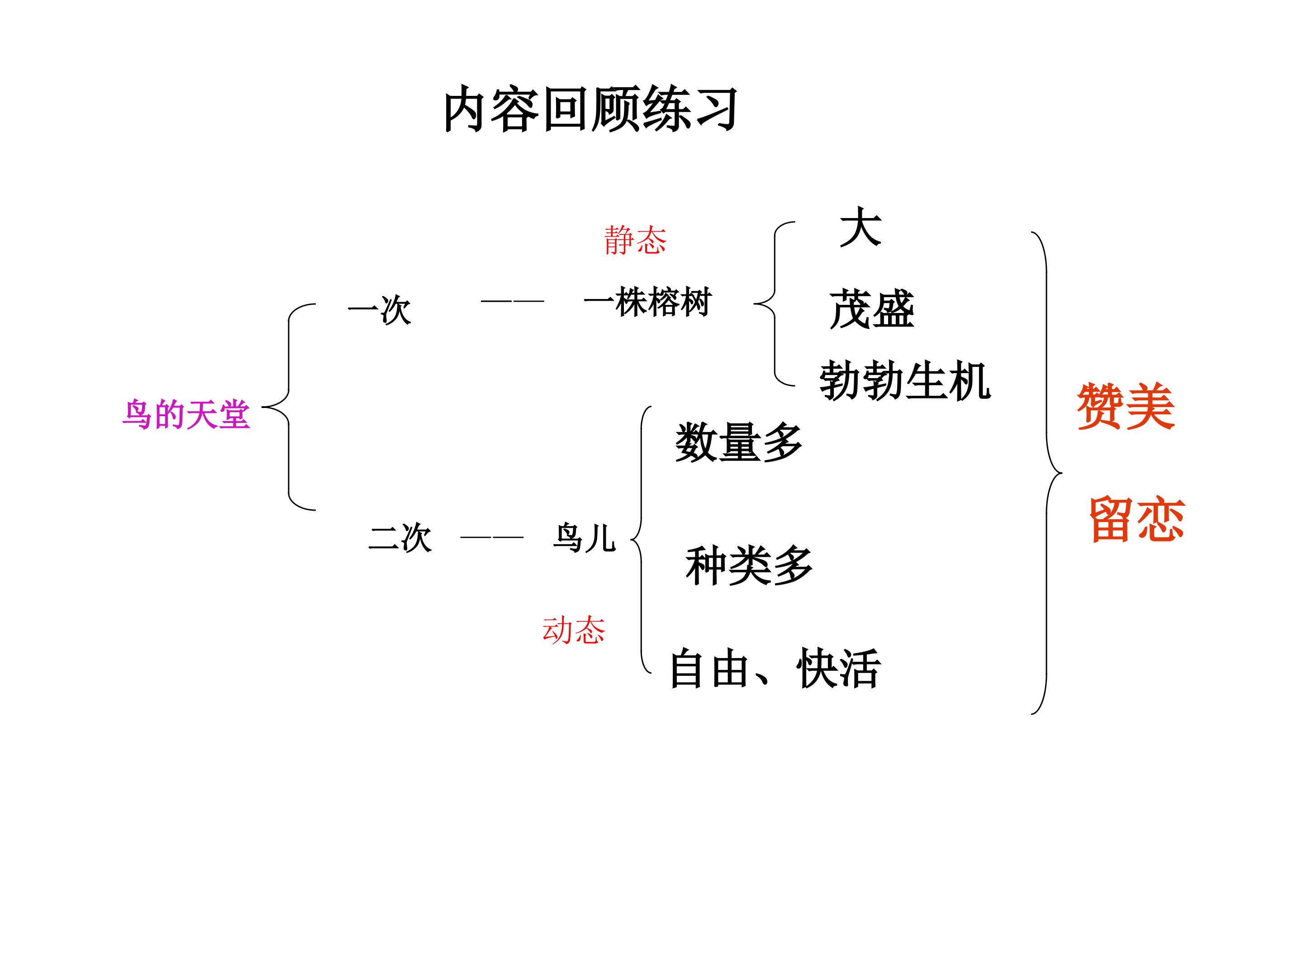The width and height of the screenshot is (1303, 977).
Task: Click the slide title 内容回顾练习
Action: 590,109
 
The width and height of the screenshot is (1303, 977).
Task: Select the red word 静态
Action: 635,240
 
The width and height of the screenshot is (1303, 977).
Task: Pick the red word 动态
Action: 573,630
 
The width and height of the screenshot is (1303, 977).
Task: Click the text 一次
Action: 379,309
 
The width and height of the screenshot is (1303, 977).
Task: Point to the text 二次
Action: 400,538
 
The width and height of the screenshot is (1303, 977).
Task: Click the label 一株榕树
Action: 647,302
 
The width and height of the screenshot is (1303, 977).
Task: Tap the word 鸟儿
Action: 584,538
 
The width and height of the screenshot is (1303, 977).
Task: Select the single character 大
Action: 860,228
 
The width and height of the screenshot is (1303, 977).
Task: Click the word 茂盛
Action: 872,309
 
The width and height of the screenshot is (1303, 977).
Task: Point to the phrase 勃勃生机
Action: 905,381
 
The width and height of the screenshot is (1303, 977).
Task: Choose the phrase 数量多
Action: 739,442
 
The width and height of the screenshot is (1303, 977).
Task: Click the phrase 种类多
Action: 749,566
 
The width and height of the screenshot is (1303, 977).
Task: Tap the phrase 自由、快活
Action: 775,669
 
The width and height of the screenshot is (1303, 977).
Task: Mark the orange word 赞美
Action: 1125,406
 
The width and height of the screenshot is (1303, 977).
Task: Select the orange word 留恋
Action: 1137,519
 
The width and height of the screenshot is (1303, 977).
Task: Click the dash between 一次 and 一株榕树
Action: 512,301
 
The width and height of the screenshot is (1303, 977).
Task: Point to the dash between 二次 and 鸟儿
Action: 491,537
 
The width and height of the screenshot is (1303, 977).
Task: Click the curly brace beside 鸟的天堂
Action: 289,406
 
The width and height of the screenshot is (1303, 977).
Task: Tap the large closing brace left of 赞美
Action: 1046,472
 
